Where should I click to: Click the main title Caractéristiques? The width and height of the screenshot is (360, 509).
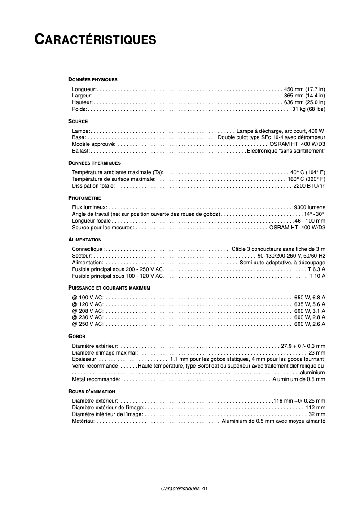click(x=96, y=39)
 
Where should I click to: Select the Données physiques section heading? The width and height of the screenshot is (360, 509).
click(x=92, y=79)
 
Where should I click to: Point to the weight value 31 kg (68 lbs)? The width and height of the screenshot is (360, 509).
click(x=308, y=109)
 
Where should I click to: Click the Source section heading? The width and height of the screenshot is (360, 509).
click(x=78, y=121)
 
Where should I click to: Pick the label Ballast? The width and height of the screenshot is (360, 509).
click(x=80, y=151)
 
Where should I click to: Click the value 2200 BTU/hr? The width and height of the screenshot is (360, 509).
click(x=309, y=186)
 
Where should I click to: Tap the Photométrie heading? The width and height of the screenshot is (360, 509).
click(x=84, y=198)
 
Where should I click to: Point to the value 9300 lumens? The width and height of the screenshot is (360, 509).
click(x=310, y=207)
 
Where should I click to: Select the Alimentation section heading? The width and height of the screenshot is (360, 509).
click(x=85, y=240)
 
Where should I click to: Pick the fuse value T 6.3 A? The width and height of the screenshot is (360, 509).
click(x=316, y=269)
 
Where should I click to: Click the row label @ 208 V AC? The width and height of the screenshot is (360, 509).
click(x=88, y=311)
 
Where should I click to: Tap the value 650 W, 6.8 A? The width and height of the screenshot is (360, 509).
click(x=310, y=297)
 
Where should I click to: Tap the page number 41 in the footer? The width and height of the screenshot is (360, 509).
click(x=205, y=488)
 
